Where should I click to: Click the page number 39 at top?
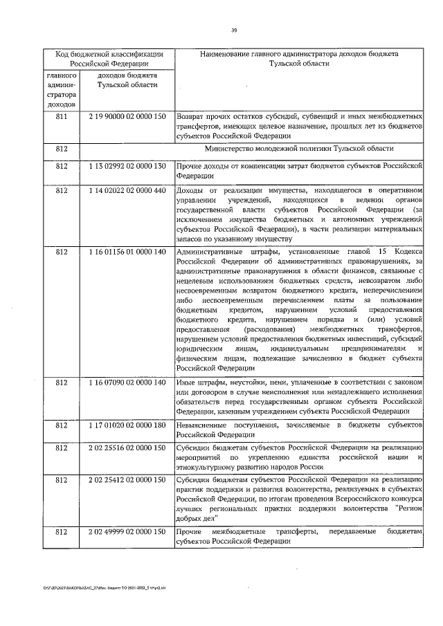[233, 30]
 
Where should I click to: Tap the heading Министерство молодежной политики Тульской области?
[299, 149]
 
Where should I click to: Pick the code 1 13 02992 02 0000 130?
[127, 167]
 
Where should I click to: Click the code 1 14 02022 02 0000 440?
[127, 191]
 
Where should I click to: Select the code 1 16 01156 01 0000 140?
[127, 251]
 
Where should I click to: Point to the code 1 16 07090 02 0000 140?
[127, 383]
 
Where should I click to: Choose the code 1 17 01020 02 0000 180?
[127, 423]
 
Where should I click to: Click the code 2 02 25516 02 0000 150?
[127, 448]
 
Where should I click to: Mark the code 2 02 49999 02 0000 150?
[127, 531]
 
